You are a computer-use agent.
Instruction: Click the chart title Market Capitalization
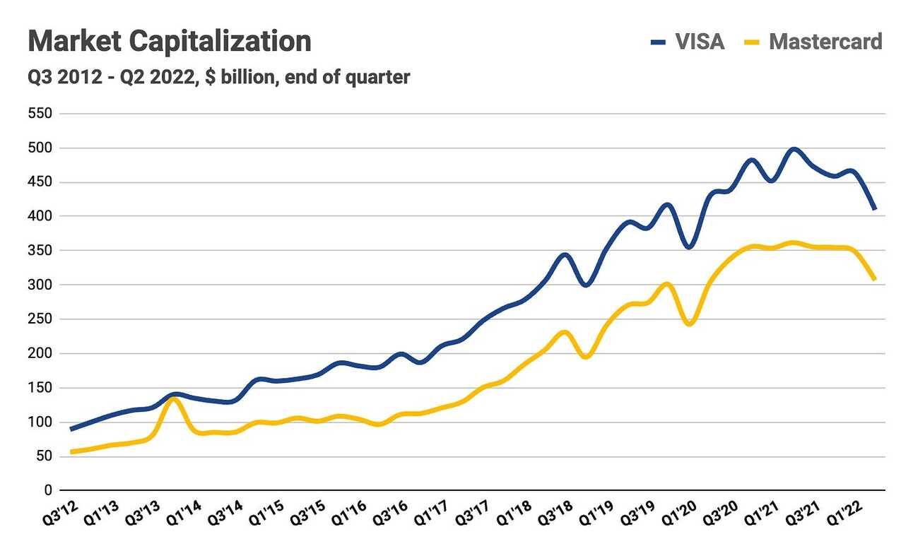pyautogui.click(x=170, y=41)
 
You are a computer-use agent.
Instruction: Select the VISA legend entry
pyautogui.click(x=700, y=42)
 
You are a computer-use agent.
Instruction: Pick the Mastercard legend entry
pyautogui.click(x=825, y=42)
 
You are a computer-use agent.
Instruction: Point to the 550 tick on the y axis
pyautogui.click(x=41, y=114)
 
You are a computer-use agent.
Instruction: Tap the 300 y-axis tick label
pyautogui.click(x=41, y=285)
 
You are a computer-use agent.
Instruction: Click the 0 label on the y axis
pyautogui.click(x=48, y=491)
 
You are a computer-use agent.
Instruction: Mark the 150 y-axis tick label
pyautogui.click(x=41, y=388)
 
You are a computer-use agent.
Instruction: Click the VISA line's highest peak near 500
pyautogui.click(x=794, y=149)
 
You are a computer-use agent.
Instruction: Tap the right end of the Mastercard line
pyautogui.click(x=875, y=279)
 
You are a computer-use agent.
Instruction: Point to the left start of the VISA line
pyautogui.click(x=71, y=429)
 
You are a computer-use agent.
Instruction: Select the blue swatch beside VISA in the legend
pyautogui.click(x=659, y=42)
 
